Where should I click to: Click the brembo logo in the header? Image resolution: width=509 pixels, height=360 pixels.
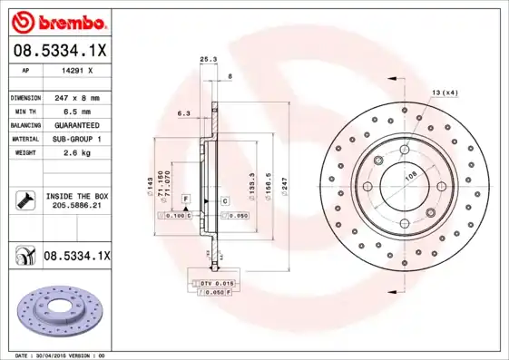(55, 19)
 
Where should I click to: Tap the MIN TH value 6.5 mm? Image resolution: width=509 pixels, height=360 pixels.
(73, 111)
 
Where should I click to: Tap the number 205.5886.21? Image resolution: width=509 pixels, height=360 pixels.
(75, 207)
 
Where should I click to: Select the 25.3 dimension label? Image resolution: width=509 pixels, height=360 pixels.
(207, 60)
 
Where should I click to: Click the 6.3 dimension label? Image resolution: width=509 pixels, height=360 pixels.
(182, 114)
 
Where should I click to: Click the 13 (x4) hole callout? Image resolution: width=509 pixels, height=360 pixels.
(444, 92)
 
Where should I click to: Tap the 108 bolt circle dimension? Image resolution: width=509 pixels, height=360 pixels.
(409, 178)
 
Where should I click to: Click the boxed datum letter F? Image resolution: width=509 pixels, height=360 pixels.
(185, 198)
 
